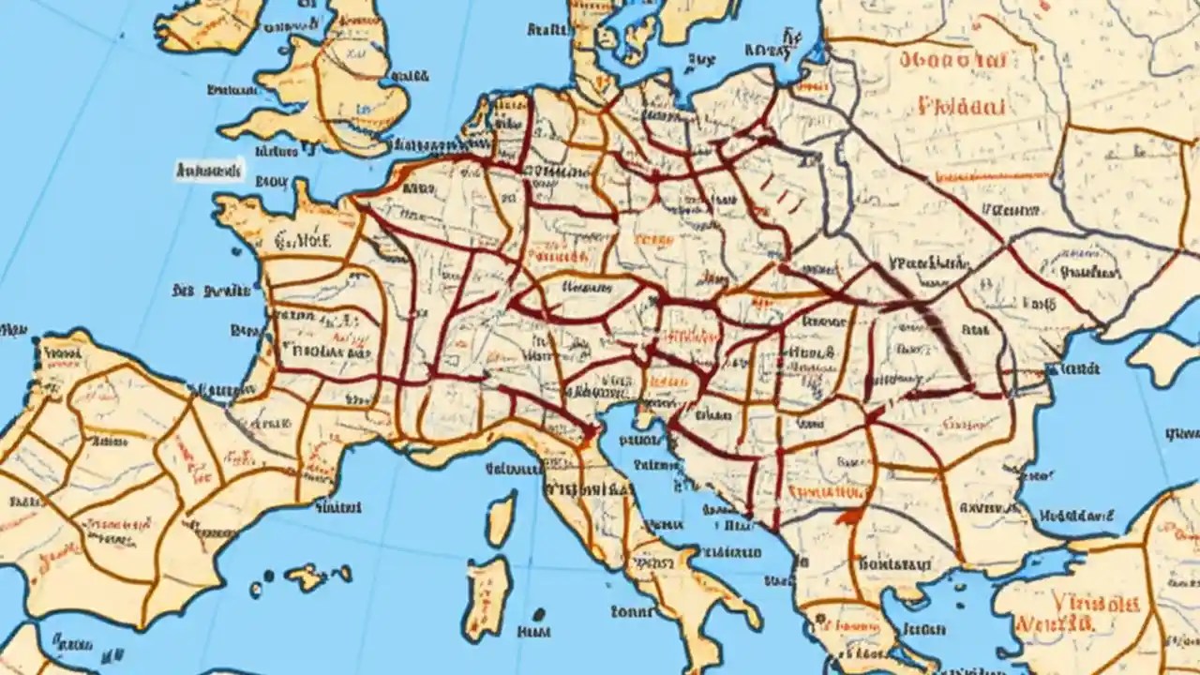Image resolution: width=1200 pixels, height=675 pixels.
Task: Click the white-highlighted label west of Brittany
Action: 208,170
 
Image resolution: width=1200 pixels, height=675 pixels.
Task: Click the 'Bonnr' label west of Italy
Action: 633,610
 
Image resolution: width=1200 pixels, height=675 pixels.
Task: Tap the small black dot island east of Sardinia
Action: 537,616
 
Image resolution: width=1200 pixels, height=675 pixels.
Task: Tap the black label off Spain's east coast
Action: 338,507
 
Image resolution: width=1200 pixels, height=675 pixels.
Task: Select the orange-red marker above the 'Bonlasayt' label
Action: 851,516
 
